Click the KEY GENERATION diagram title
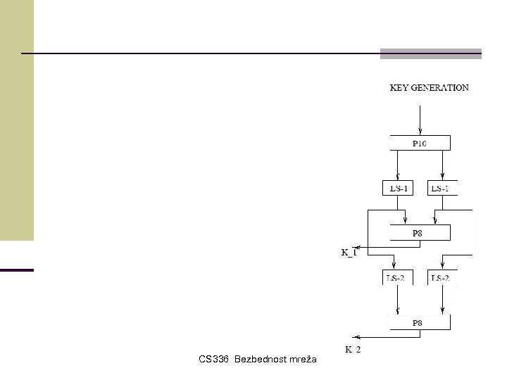(x=430, y=88)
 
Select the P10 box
(x=420, y=143)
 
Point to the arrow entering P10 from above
(x=420, y=120)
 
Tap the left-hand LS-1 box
(x=398, y=188)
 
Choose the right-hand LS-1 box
(x=442, y=188)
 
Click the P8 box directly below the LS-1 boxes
(x=420, y=233)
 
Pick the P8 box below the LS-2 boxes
(x=420, y=323)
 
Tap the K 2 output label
(x=352, y=349)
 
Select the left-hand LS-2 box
(x=398, y=278)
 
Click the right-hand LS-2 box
(x=442, y=278)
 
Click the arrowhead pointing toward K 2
(x=356, y=338)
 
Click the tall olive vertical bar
(x=17, y=120)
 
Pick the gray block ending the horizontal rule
(x=431, y=53)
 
